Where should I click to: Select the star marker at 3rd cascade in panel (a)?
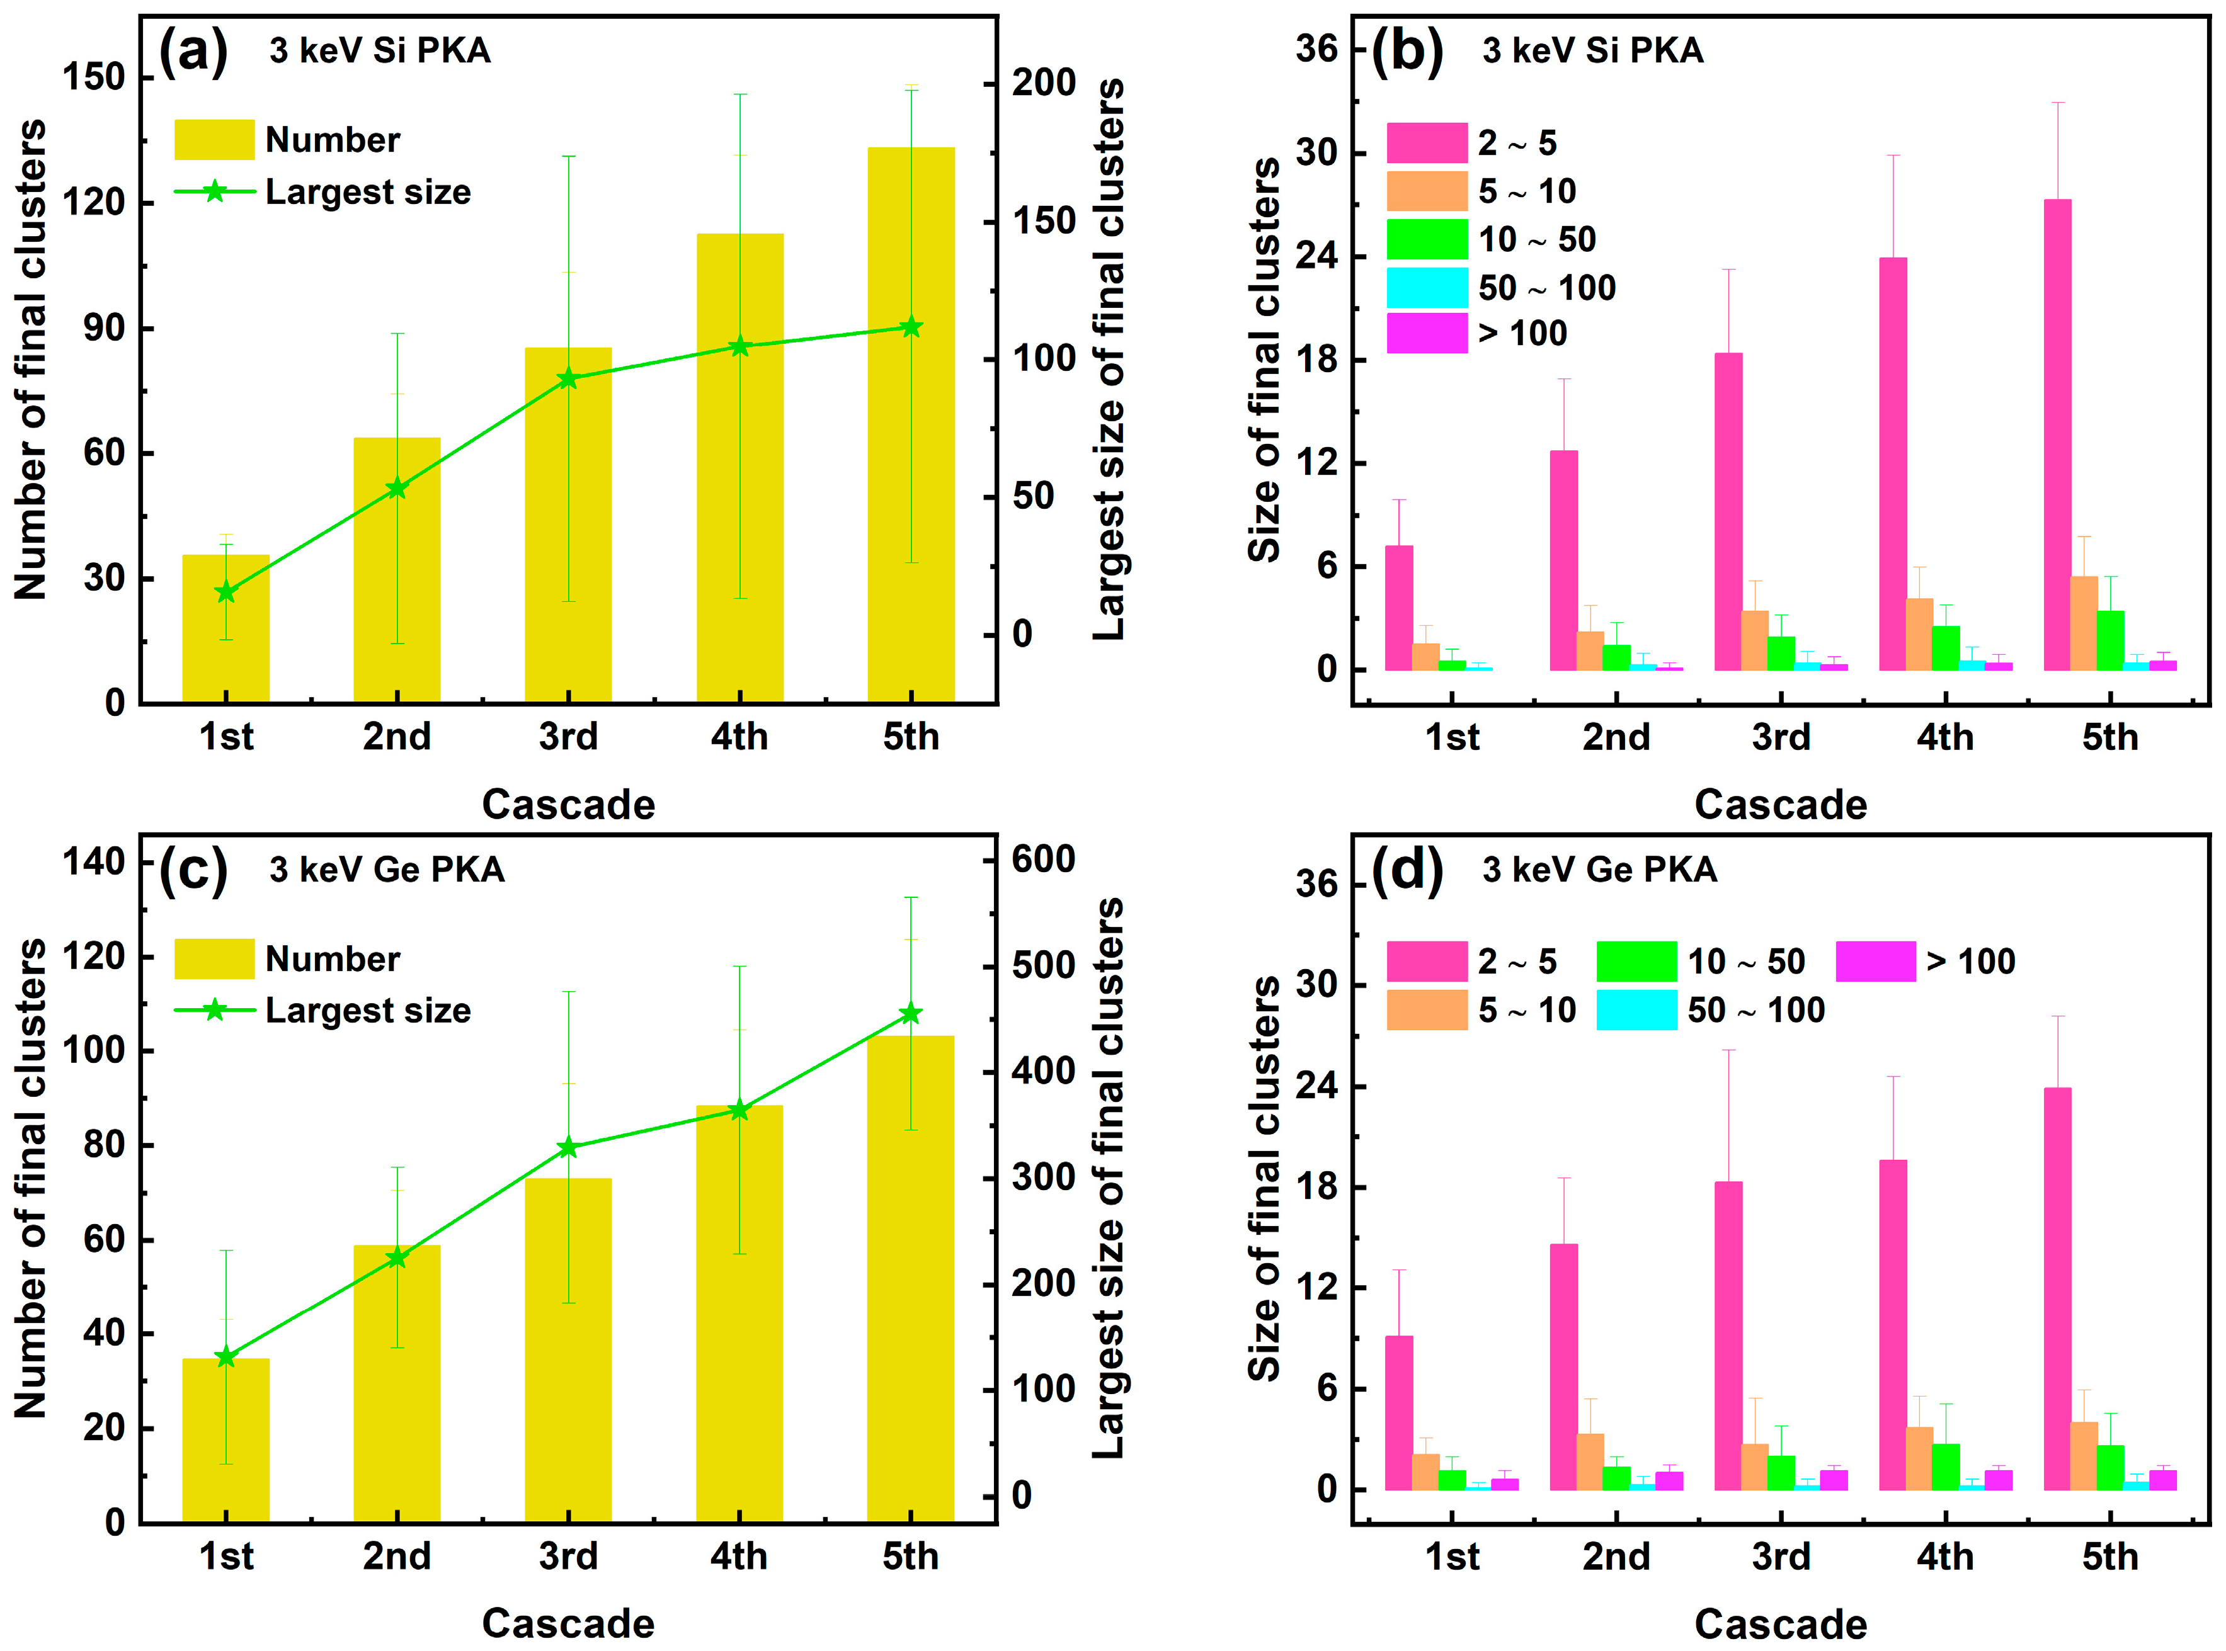pos(568,379)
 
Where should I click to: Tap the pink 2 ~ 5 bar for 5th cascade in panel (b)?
pos(2057,434)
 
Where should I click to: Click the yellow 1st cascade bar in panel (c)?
pos(226,1439)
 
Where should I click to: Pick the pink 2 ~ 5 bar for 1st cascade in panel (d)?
pos(1398,1412)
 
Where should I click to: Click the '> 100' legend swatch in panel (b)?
pos(1426,334)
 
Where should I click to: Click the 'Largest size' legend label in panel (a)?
pos(368,192)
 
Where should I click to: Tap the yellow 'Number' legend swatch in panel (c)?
pos(214,958)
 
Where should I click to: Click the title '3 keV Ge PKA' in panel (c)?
pos(387,870)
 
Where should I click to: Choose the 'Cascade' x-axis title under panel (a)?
pos(568,805)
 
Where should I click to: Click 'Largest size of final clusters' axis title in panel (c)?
pos(1107,1179)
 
